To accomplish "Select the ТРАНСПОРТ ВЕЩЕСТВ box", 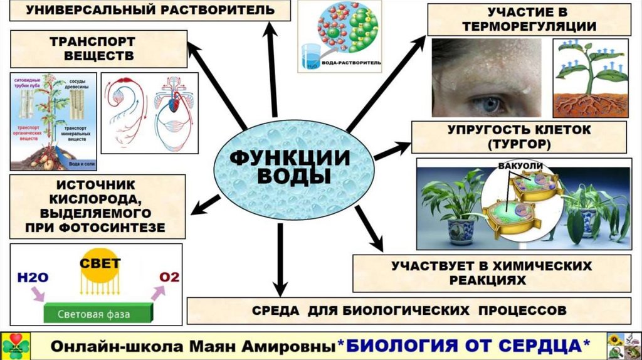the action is click(x=98, y=49).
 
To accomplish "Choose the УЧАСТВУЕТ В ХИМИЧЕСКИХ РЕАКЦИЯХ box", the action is click(x=491, y=273).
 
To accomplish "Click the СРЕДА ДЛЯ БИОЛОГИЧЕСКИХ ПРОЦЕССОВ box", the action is click(x=409, y=310).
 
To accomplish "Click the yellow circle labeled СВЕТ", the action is click(x=100, y=264).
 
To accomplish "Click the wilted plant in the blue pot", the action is click(x=587, y=213).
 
